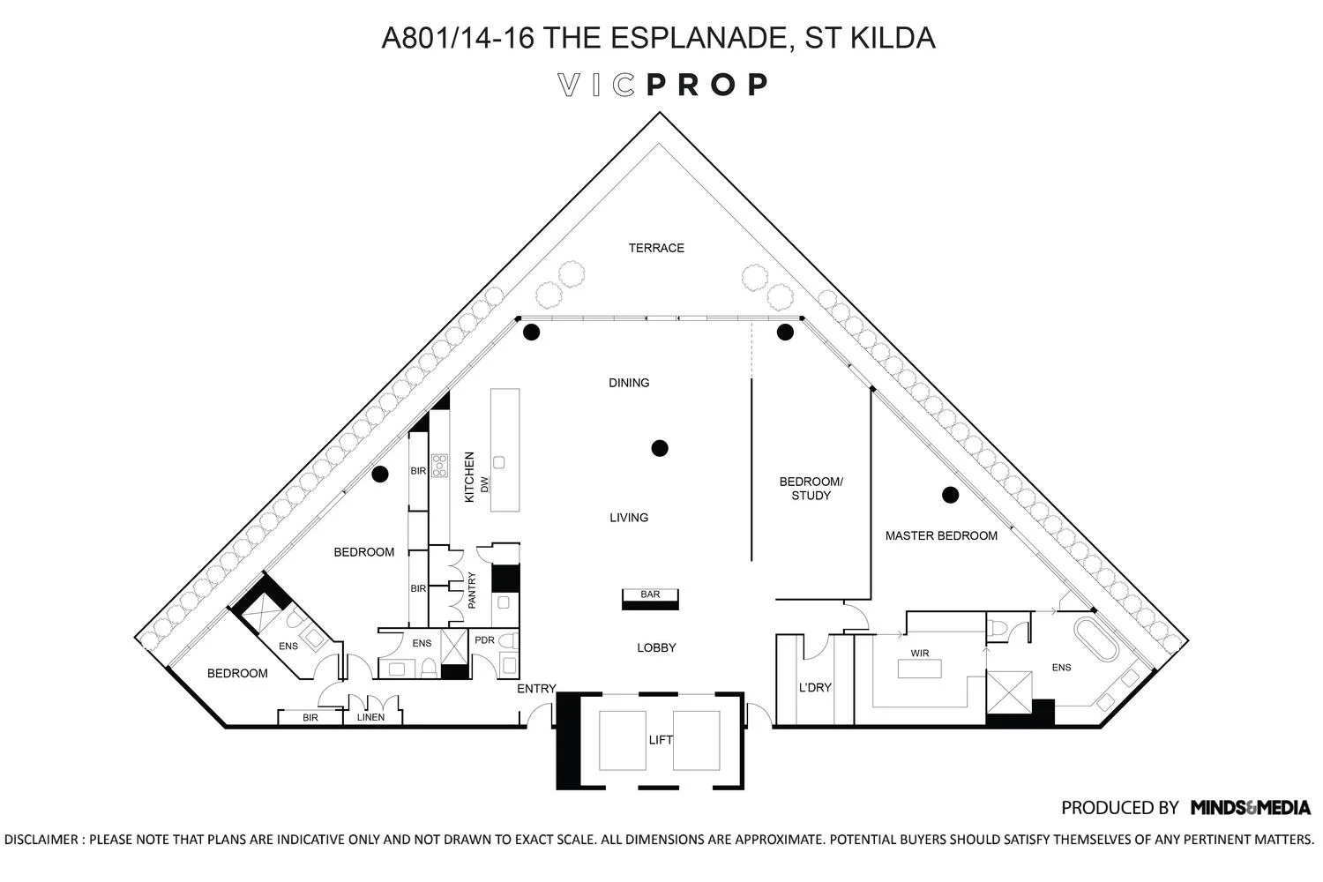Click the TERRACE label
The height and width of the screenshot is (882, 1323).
point(656,248)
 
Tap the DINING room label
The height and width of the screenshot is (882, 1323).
point(629,383)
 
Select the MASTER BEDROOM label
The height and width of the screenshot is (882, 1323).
point(941,535)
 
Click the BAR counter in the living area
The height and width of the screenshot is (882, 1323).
point(650,599)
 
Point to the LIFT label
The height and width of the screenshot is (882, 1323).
point(661,740)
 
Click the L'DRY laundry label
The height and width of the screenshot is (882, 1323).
point(815,687)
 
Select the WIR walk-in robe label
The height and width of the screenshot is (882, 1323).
point(920,654)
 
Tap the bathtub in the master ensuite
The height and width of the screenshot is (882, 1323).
point(1096,651)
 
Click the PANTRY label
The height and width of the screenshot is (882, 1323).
point(472,590)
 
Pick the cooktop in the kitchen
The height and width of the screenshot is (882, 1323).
point(439,466)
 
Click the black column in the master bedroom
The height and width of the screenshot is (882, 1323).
point(950,495)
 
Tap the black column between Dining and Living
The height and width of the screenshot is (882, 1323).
point(659,448)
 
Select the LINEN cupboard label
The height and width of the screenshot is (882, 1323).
point(370,717)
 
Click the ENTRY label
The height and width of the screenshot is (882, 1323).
point(536,689)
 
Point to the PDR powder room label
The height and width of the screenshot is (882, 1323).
point(484,639)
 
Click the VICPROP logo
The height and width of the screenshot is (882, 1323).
point(663,85)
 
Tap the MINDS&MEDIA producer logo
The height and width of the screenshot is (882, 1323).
point(1251,807)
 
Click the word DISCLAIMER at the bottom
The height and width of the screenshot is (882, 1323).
point(41,839)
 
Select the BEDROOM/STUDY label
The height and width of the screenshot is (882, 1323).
point(811,489)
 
